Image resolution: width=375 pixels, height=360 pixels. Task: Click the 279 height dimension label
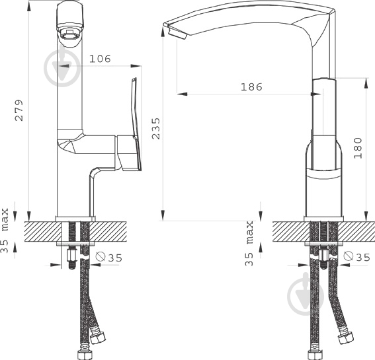coord(19,110)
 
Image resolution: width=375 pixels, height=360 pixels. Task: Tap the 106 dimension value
coord(100,59)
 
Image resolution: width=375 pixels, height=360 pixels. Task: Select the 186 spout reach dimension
coord(251,87)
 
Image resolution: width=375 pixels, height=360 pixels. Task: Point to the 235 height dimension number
coord(156,128)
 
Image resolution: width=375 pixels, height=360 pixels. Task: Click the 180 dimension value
coord(358,148)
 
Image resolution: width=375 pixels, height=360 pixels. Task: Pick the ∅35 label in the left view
coord(109,257)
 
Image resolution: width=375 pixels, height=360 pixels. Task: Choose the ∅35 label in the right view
coord(356,256)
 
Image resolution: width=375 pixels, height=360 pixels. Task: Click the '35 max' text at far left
coord(5,231)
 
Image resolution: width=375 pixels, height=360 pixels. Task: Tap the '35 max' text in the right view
coord(249,243)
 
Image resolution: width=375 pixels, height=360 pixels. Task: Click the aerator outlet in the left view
coord(69,36)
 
